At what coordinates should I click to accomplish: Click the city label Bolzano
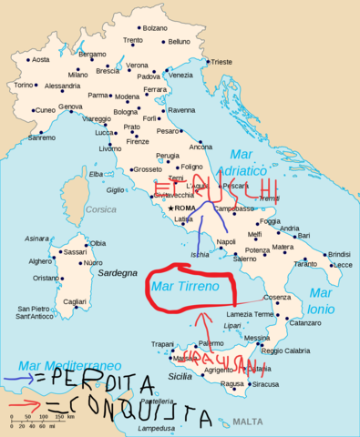(156, 28)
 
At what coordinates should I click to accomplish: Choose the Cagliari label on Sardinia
(74, 301)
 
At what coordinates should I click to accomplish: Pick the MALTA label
(246, 422)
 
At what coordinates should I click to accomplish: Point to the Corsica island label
(101, 209)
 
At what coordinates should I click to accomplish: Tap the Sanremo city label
(40, 137)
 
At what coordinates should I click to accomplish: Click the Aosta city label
(40, 60)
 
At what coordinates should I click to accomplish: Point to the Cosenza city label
(277, 298)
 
